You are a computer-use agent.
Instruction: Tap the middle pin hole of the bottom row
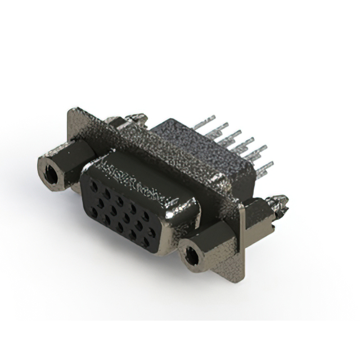[x=120, y=227]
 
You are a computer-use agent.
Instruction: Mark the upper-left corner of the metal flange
[x=70, y=111]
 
